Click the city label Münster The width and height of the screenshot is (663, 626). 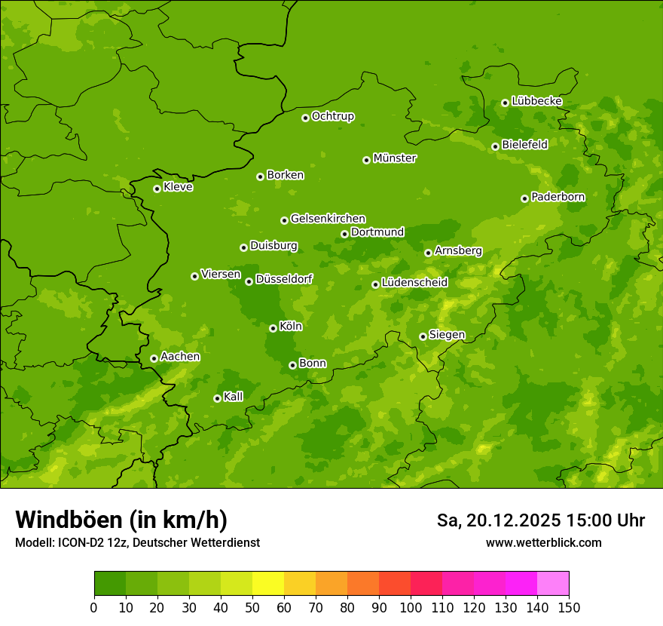point(394,158)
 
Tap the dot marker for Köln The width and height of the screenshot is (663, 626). point(273,328)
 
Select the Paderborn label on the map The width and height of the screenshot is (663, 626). point(558,197)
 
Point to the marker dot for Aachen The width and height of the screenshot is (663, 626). point(154,358)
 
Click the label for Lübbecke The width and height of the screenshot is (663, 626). point(536,101)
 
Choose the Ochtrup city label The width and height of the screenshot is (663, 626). point(332,116)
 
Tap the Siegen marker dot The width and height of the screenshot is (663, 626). point(423,336)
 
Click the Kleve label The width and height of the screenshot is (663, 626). point(178,187)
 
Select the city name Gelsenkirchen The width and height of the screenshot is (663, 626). point(328,219)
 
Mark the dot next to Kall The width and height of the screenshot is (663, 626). point(217,398)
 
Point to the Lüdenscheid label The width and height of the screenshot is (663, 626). point(414,283)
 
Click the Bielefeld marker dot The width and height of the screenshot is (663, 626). point(495,146)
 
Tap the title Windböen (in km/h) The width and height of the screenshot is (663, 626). point(121,520)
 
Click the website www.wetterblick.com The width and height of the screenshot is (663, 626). point(543,542)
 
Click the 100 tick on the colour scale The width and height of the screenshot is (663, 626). point(411,607)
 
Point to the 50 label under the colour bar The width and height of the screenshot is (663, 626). point(252,607)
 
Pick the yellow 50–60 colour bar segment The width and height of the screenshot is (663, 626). point(268,584)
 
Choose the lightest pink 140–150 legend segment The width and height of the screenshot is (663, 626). point(553,584)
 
